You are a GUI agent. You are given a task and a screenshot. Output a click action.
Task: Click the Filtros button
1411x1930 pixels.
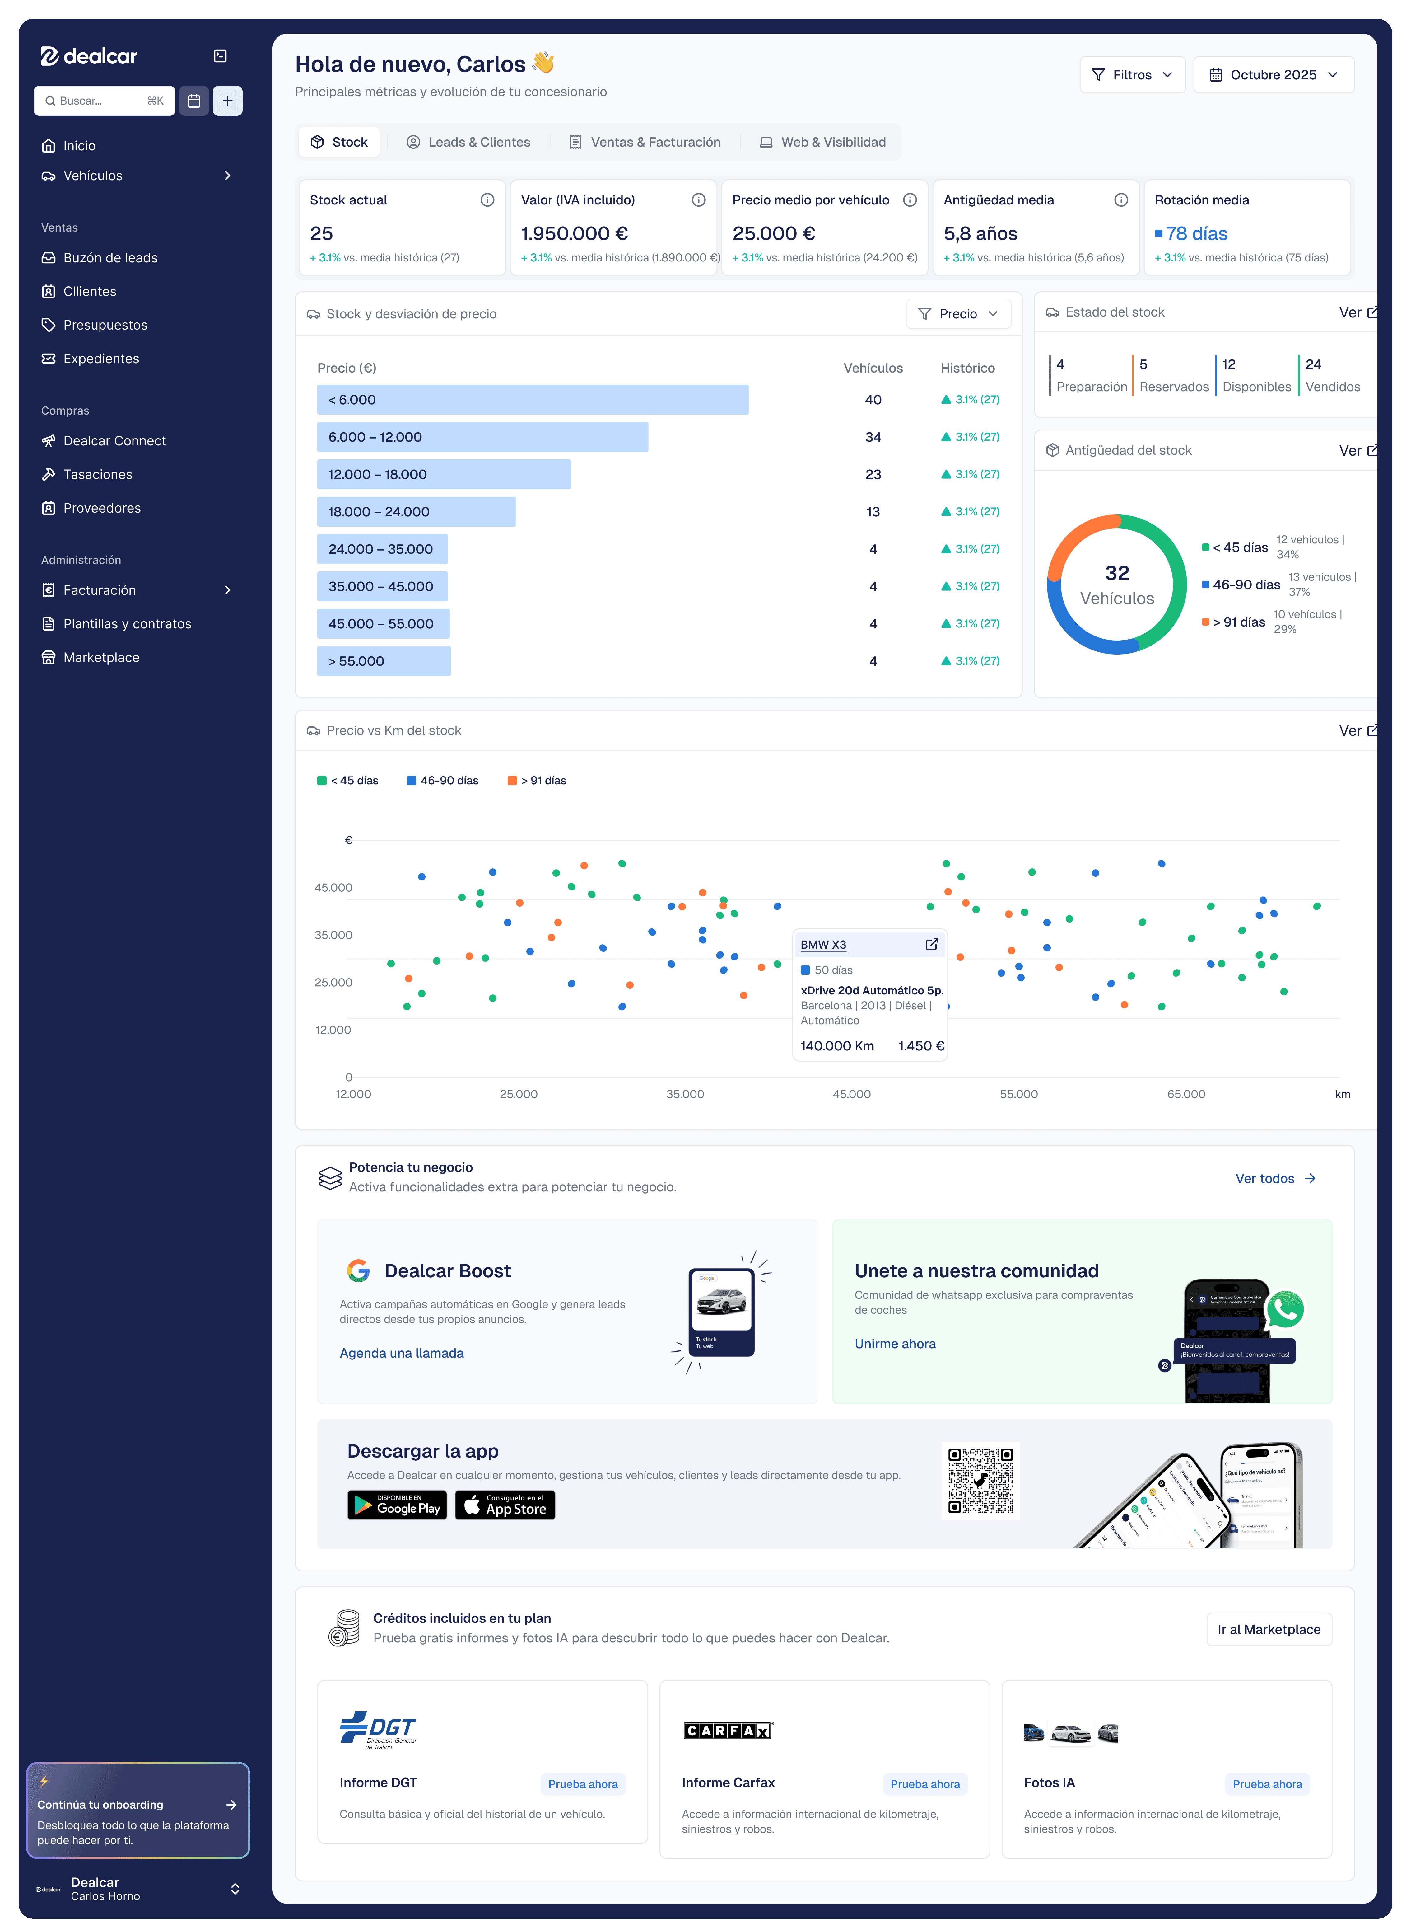1132,75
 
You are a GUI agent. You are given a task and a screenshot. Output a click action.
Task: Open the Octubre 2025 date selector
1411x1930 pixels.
1273,75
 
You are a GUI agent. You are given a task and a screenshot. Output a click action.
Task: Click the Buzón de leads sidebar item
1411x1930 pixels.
110,258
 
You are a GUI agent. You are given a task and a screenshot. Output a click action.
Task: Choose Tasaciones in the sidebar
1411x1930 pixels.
97,474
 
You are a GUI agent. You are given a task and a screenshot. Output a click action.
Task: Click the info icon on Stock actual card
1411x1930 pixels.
487,200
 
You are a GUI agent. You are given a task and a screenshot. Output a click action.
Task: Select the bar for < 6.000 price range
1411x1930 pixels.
532,400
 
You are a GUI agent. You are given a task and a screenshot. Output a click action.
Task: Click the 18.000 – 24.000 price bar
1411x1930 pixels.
416,512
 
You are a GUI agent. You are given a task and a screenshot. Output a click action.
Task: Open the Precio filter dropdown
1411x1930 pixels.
957,314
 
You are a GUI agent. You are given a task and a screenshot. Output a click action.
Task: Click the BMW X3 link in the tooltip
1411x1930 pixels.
822,945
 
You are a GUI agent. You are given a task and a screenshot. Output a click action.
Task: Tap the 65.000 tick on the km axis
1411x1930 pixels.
1185,1094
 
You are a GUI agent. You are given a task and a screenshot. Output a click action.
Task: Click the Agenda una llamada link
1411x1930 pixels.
402,1353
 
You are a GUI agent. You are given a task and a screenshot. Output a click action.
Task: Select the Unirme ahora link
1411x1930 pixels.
894,1344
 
